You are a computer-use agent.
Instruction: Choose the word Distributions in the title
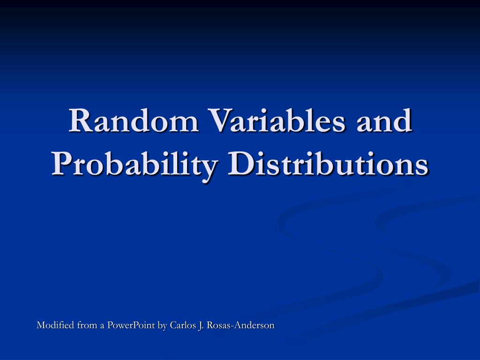point(328,165)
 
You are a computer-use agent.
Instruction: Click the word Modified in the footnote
point(53,325)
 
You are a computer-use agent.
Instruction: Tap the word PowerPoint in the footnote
point(131,325)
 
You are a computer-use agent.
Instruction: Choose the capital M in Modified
point(41,325)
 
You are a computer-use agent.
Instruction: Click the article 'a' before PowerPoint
point(102,326)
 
